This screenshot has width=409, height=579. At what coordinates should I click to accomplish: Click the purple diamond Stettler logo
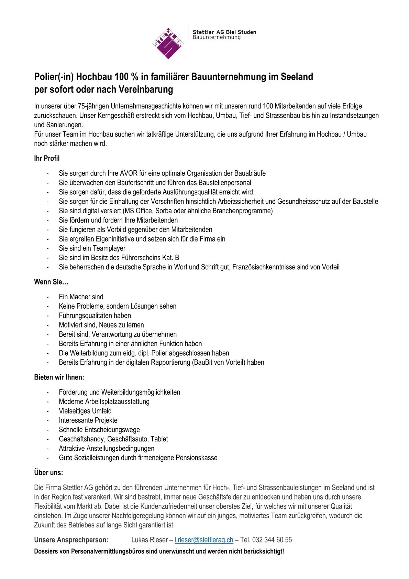coord(168,43)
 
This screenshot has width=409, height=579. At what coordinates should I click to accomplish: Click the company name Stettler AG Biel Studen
coord(224,32)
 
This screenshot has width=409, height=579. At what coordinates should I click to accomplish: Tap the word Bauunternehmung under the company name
coord(217,37)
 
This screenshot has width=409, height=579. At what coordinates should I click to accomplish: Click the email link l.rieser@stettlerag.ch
coord(204,540)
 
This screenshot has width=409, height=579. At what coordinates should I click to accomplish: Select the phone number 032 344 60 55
coord(272,540)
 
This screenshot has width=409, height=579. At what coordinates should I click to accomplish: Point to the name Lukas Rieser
coord(150,540)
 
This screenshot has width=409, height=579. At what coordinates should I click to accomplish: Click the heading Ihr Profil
coord(47,158)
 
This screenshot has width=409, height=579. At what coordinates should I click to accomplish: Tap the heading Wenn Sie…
coord(51,282)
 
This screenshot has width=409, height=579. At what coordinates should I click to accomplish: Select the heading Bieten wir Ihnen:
coord(59,377)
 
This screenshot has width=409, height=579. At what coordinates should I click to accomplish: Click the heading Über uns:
coord(48,472)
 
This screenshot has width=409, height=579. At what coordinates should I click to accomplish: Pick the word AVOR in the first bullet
coord(129,173)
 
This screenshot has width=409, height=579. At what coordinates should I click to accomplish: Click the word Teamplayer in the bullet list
coord(109,248)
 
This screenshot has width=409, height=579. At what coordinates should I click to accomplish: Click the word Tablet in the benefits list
coord(159,439)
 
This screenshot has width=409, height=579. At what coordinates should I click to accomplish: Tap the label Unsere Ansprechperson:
coord(71,540)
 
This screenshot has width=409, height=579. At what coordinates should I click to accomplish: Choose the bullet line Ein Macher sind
coord(81,297)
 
